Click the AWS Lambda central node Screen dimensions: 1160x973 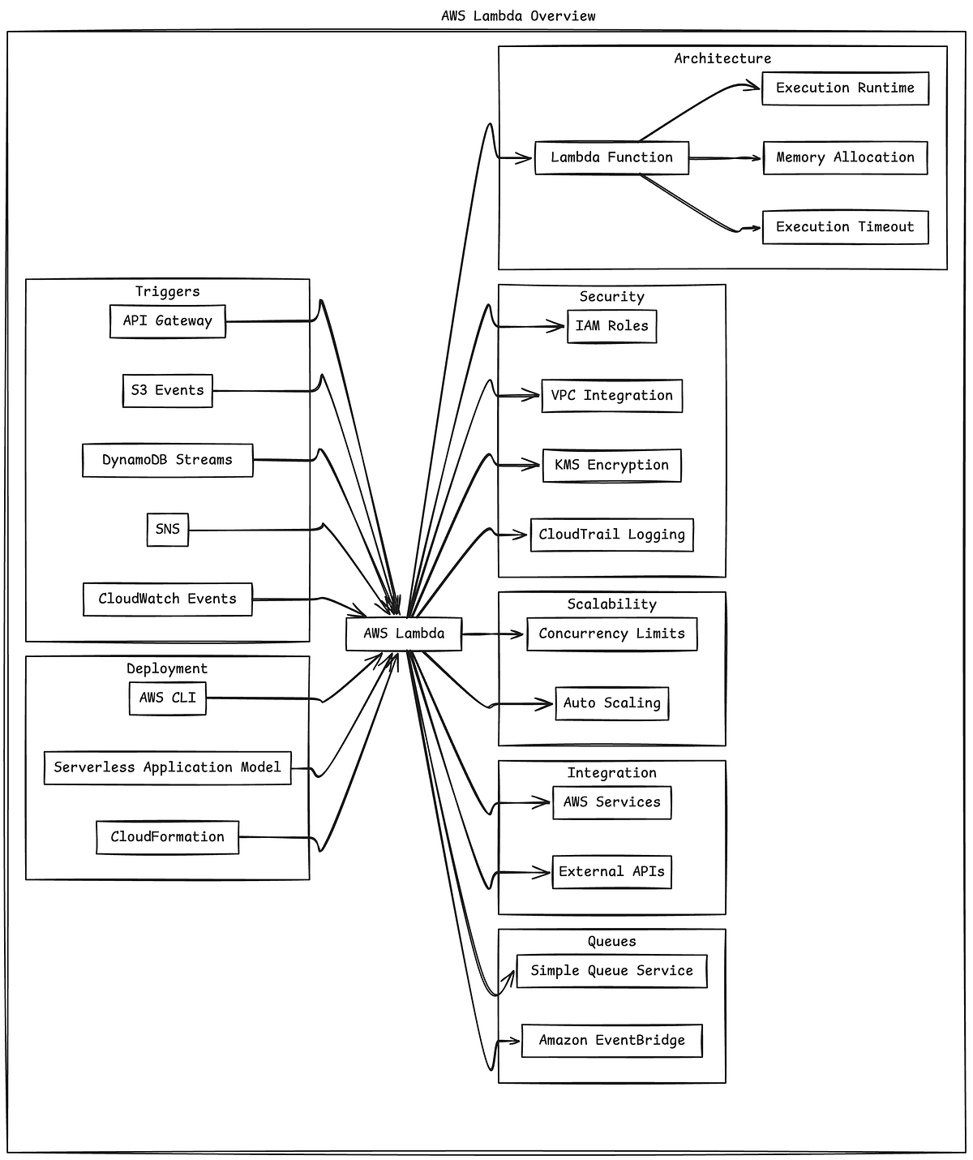[x=404, y=634]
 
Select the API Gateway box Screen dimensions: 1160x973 [x=168, y=321]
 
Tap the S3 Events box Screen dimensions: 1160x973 [x=168, y=391]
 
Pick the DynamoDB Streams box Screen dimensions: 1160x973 [x=168, y=460]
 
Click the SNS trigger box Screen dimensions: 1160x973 [x=168, y=530]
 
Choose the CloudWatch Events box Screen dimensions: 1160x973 [x=168, y=599]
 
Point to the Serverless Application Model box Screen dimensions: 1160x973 [x=168, y=767]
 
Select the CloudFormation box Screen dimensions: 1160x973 [x=168, y=837]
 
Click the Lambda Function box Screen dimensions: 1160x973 [x=611, y=158]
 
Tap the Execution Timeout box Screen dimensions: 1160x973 [x=845, y=227]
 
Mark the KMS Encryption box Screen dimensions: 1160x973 [x=611, y=466]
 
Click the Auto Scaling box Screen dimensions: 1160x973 [x=611, y=703]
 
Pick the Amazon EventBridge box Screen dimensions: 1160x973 [x=611, y=1041]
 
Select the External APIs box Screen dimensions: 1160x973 [x=611, y=872]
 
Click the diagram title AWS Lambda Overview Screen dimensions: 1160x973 [x=518, y=16]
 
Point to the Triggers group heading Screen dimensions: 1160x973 [x=168, y=292]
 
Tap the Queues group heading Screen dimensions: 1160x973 [x=611, y=942]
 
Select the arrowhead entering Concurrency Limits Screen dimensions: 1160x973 [x=519, y=634]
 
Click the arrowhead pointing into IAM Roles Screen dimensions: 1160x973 [x=559, y=327]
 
